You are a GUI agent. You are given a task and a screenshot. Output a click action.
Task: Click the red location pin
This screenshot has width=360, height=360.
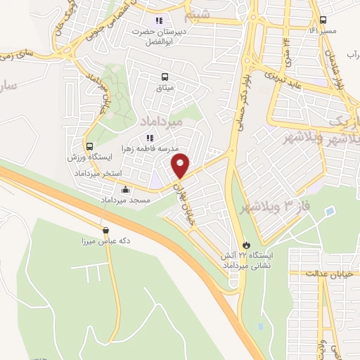[181, 166]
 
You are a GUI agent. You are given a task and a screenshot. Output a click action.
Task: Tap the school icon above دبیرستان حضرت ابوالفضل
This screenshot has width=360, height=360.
[159, 20]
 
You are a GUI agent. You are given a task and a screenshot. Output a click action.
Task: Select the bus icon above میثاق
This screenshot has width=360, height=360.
[165, 77]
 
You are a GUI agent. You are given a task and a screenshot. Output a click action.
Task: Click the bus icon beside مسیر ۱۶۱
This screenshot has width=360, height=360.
[323, 20]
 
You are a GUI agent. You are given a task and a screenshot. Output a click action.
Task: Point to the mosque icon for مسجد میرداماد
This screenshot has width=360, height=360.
[126, 188]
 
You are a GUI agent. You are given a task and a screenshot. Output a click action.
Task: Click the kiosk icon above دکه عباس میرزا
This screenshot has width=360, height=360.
[105, 230]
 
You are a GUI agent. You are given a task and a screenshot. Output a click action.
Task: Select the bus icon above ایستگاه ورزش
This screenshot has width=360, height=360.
[89, 147]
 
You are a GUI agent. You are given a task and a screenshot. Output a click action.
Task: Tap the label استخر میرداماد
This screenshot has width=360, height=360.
[103, 173]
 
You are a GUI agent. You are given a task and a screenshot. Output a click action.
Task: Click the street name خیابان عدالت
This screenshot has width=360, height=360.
[334, 273]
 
